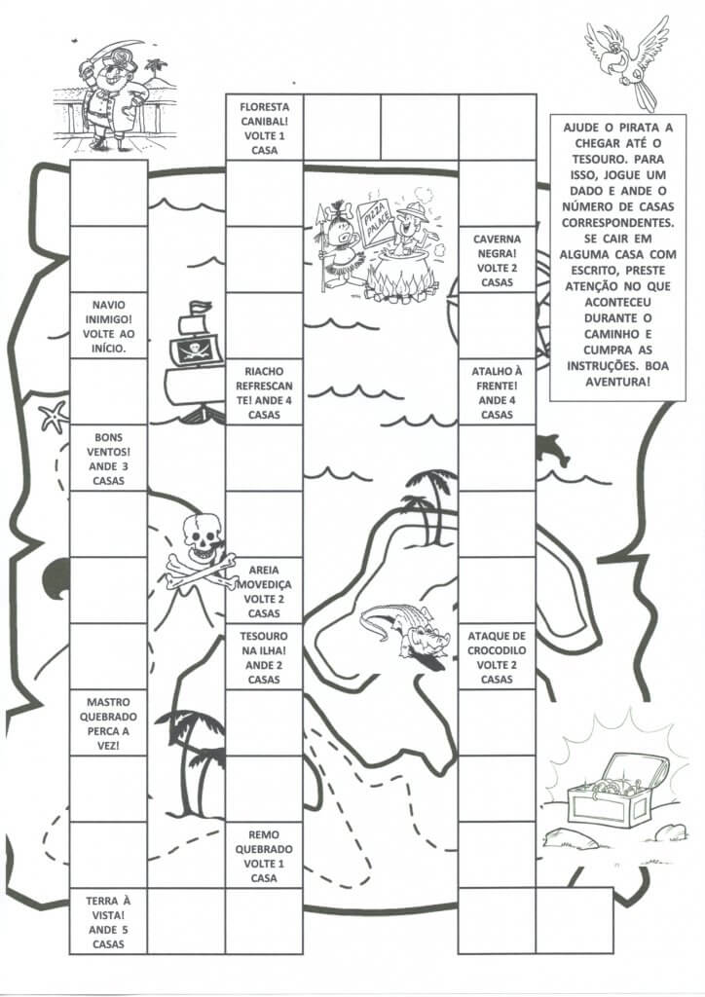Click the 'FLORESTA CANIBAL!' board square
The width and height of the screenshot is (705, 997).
pos(264,128)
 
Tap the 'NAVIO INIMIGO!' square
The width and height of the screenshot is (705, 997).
pos(108,326)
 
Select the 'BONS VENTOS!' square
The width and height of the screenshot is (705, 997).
pos(108,459)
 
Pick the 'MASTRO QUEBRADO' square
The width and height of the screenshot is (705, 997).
pos(108,722)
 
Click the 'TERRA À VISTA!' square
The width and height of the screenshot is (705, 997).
pos(108,921)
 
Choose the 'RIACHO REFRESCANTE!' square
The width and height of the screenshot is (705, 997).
pos(264,392)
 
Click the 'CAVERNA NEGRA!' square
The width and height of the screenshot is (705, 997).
pos(497,260)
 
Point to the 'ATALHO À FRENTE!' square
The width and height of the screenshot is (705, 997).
pos(497,392)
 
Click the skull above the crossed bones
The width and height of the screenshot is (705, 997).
pos(202,536)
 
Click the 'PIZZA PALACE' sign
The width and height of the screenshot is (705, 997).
pos(375,221)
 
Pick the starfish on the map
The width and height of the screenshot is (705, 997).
pos(52,417)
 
